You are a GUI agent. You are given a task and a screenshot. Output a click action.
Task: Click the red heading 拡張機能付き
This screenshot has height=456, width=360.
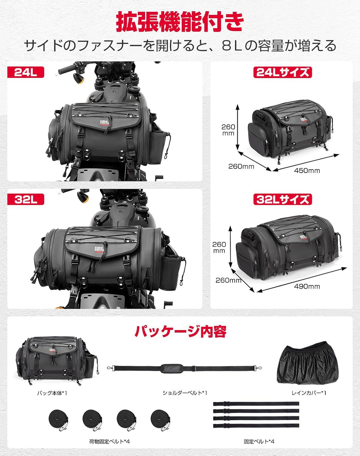[x=180, y=22]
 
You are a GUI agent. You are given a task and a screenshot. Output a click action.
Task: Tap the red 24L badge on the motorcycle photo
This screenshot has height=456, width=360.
[x=26, y=72]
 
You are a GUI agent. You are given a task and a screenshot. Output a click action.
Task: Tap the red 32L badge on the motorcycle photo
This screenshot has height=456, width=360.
[x=26, y=199]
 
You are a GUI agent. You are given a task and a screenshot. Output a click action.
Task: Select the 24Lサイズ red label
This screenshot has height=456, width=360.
[x=282, y=72]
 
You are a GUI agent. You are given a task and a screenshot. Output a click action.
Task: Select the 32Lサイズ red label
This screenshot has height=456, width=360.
[x=282, y=199]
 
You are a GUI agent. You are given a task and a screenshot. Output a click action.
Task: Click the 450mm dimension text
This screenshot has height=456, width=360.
[x=307, y=171]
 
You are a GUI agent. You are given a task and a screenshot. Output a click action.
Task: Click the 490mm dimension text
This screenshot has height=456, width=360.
[x=307, y=286]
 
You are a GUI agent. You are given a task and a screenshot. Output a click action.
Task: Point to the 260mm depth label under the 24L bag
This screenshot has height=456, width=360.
[x=241, y=166]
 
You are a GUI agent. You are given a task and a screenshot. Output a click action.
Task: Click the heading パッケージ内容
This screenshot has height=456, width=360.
[x=180, y=331]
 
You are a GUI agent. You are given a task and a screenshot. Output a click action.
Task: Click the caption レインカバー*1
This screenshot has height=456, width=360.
[x=309, y=393]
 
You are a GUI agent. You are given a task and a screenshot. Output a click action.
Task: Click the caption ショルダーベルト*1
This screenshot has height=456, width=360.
[x=185, y=393]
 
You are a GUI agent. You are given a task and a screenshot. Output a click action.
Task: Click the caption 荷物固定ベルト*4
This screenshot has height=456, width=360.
[x=109, y=442]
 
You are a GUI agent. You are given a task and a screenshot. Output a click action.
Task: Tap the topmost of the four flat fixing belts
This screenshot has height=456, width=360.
[x=256, y=404]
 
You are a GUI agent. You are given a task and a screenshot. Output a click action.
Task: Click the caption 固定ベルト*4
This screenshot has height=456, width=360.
[x=259, y=442]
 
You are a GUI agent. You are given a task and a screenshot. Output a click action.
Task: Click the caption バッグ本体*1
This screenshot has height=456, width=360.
[x=52, y=393]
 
